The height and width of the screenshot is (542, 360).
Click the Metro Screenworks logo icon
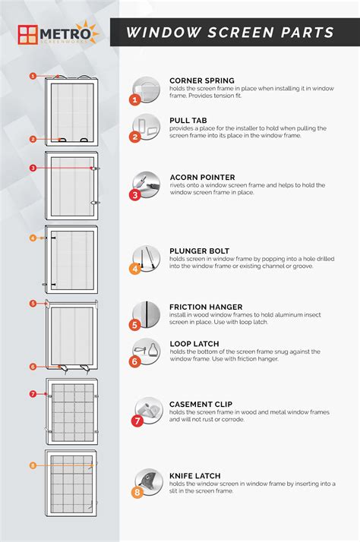click(x=28, y=34)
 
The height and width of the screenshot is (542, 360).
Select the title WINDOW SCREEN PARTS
click(x=229, y=33)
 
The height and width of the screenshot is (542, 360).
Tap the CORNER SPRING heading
click(x=201, y=80)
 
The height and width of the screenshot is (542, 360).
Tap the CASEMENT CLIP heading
click(x=201, y=404)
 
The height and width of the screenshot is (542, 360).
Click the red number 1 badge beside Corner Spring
click(x=135, y=99)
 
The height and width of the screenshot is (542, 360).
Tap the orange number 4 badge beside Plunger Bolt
click(x=135, y=268)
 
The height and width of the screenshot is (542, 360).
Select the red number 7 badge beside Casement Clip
click(x=137, y=421)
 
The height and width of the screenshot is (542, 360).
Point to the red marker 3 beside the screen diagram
click(x=33, y=168)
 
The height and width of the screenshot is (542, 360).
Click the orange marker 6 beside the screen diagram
click(x=33, y=367)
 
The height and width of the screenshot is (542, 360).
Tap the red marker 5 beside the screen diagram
click(x=33, y=304)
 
